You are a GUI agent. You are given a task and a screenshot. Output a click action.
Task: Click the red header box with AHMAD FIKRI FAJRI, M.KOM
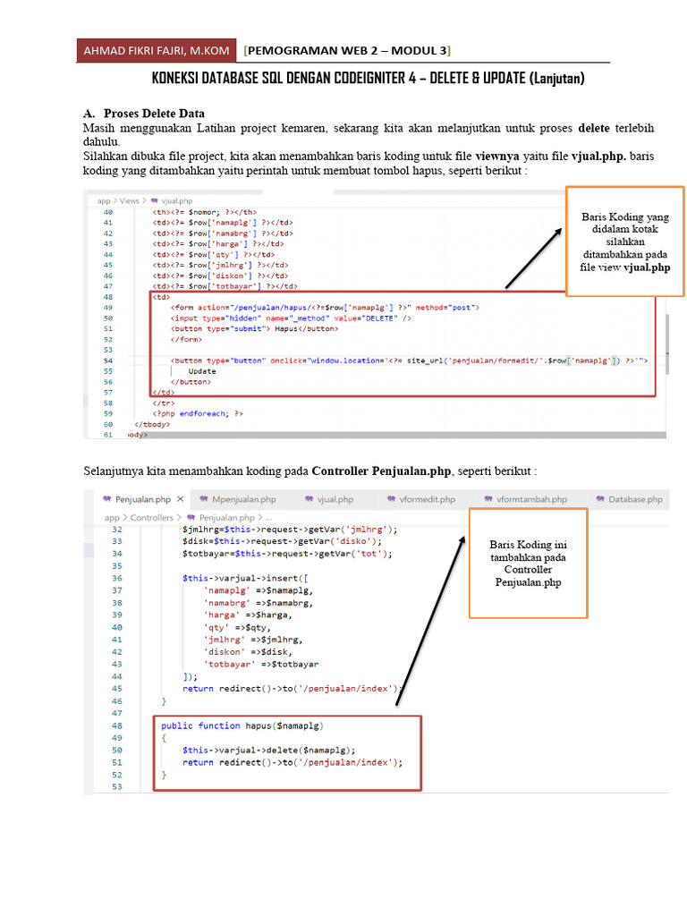pos(157,50)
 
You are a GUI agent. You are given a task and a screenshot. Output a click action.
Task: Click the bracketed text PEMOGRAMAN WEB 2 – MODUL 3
pos(348,50)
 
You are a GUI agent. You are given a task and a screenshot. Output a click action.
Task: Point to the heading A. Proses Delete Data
pos(144,114)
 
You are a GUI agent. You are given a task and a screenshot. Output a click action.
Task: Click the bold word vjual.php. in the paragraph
pos(598,156)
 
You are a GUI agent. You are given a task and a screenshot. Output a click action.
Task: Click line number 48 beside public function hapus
pos(116,725)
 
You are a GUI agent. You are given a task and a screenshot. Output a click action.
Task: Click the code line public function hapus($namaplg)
pos(242,725)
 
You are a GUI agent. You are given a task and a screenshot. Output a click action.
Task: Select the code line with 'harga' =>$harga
pos(236,615)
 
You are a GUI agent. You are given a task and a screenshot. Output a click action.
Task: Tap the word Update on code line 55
pos(202,370)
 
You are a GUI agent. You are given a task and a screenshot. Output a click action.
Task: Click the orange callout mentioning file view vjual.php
pos(624,241)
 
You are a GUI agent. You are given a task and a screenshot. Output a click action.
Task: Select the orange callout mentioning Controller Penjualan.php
pos(528,563)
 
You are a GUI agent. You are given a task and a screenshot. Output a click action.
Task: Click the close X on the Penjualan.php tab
pos(180,499)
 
